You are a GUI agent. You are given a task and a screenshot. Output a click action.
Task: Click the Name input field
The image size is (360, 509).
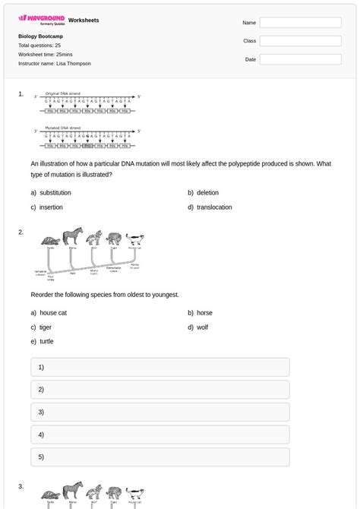click(300, 23)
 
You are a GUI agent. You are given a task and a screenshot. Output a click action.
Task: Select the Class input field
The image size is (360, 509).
click(300, 41)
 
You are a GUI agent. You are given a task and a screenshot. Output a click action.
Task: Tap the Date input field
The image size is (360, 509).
click(300, 59)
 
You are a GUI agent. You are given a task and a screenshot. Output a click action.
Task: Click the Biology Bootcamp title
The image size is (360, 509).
click(40, 36)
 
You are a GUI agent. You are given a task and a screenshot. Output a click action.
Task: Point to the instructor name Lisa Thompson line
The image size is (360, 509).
click(54, 64)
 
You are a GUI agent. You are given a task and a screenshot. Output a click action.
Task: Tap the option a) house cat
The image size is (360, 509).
click(52, 312)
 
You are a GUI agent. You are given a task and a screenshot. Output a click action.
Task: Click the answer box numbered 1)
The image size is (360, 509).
click(159, 367)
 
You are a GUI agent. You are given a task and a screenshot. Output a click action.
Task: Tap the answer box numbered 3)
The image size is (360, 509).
click(159, 413)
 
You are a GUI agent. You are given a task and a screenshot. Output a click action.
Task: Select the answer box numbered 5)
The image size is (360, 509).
click(159, 457)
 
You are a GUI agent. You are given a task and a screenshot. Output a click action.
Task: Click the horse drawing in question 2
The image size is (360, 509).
click(73, 236)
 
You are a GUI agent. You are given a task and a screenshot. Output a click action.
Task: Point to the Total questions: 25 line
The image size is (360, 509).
click(39, 46)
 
